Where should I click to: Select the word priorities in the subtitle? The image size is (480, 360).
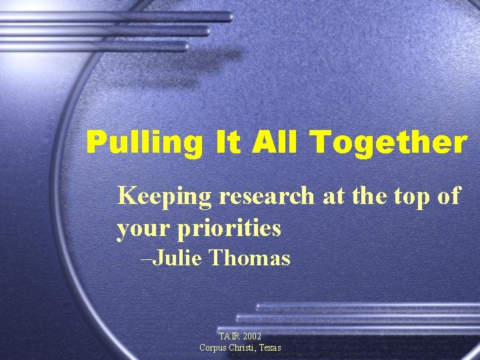point(229,229)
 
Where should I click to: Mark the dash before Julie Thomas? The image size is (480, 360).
point(147,259)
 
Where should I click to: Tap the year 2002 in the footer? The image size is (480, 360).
point(253,337)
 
